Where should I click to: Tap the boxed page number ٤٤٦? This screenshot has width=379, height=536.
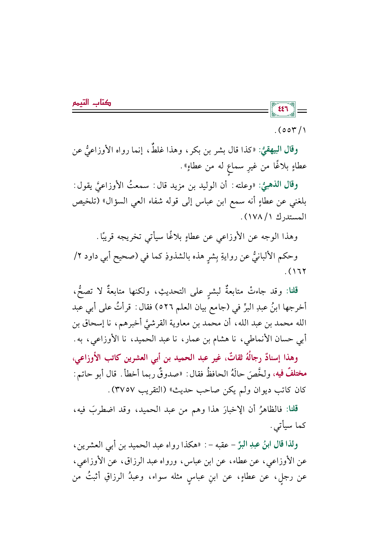[283, 109]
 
